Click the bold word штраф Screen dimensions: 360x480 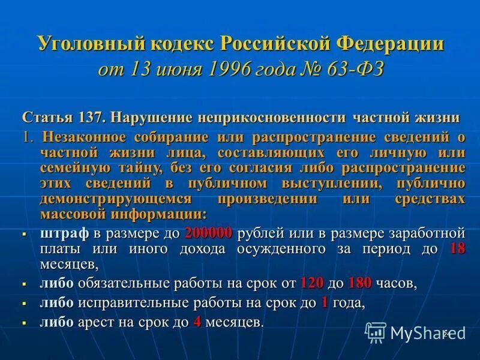coord(64,233)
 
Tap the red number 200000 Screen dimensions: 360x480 coord(209,233)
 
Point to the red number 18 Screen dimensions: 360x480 coord(457,248)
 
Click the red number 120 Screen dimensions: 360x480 coord(311,283)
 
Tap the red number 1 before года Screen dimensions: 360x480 coord(325,302)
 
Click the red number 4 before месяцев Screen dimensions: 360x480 coord(196,322)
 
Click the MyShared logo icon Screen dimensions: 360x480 coord(376,331)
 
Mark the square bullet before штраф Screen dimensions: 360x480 coord(24,234)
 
